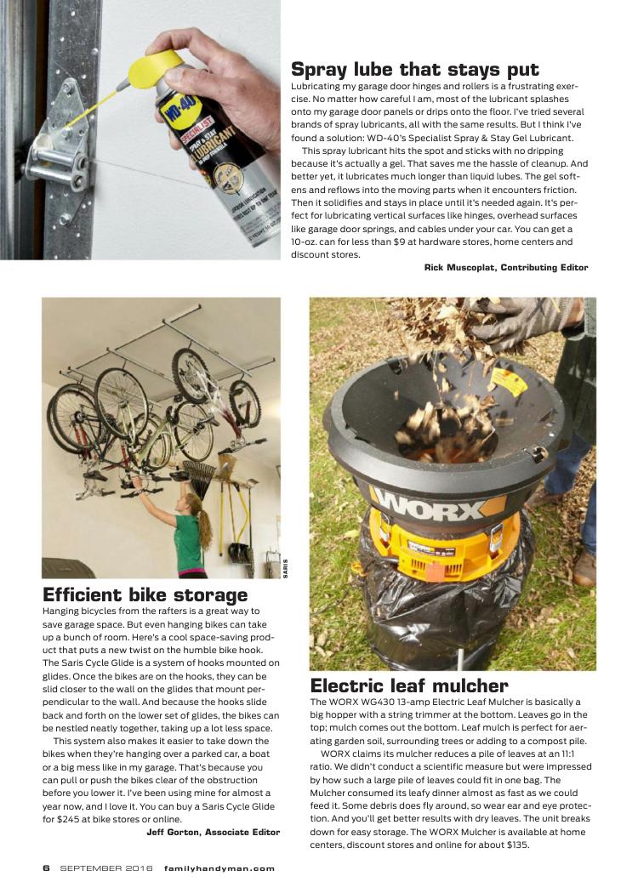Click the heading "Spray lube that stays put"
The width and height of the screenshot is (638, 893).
pyautogui.click(x=415, y=69)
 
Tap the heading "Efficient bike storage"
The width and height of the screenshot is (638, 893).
pyautogui.click(x=145, y=594)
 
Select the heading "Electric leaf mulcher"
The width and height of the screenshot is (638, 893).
pyautogui.click(x=409, y=685)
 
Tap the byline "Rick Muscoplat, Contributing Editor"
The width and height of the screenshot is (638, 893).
pyautogui.click(x=506, y=268)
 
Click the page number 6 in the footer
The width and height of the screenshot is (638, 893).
pyautogui.click(x=47, y=868)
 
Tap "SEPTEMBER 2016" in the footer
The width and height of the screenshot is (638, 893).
pyautogui.click(x=105, y=868)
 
